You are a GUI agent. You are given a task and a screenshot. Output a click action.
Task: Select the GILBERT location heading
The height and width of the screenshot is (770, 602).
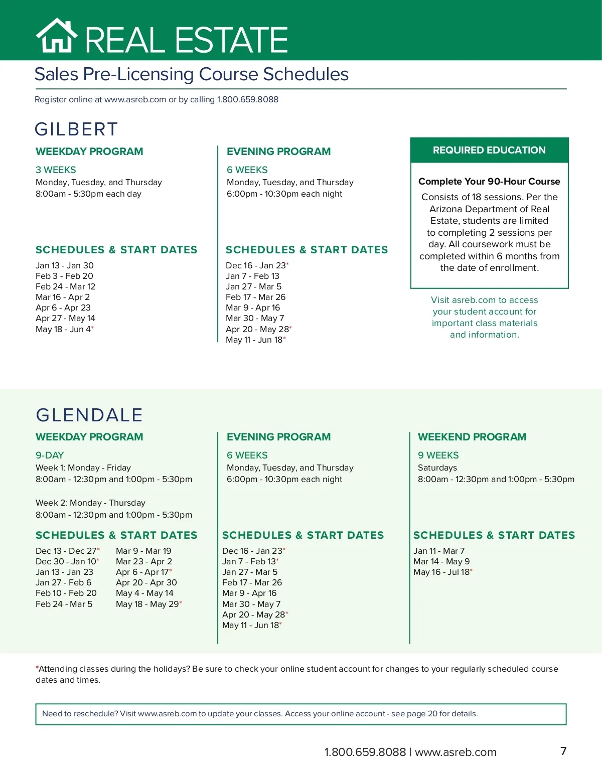[76, 129]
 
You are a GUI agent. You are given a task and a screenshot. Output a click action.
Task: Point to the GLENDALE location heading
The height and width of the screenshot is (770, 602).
[89, 415]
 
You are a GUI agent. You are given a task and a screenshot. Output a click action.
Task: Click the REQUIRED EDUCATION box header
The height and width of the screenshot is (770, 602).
[489, 150]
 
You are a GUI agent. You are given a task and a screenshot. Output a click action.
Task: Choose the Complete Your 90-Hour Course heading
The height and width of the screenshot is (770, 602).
[489, 182]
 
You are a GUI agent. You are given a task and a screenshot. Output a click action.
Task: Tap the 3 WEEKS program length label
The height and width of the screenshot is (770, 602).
[56, 170]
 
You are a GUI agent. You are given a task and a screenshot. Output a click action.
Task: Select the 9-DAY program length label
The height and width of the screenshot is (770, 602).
[50, 455]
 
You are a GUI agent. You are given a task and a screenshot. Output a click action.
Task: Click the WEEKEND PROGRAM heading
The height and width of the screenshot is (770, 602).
[472, 437]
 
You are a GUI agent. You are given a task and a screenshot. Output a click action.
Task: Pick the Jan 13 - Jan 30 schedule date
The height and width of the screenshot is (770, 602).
[64, 265]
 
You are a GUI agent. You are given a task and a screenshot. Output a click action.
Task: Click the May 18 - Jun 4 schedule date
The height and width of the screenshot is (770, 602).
[64, 329]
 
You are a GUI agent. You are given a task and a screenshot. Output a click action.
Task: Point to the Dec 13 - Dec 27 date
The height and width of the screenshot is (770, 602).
[66, 551]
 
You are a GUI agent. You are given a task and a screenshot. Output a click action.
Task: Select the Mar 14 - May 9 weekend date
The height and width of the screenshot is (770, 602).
[441, 561]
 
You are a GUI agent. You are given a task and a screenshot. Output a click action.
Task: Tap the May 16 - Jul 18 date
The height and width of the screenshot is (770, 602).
[442, 572]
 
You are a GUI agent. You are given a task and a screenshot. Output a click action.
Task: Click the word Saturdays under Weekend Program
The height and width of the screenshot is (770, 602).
[437, 468]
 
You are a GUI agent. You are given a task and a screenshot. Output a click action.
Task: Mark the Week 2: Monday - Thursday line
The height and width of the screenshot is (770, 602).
[90, 503]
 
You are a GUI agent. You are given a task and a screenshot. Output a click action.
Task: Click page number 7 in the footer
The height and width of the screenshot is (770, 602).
[563, 751]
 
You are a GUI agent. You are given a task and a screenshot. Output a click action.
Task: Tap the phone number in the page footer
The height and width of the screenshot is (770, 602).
[365, 752]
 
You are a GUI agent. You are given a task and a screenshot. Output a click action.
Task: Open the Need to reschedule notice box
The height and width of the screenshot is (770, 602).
[300, 714]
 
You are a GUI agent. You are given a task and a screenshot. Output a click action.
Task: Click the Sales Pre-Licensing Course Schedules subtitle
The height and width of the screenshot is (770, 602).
[191, 74]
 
